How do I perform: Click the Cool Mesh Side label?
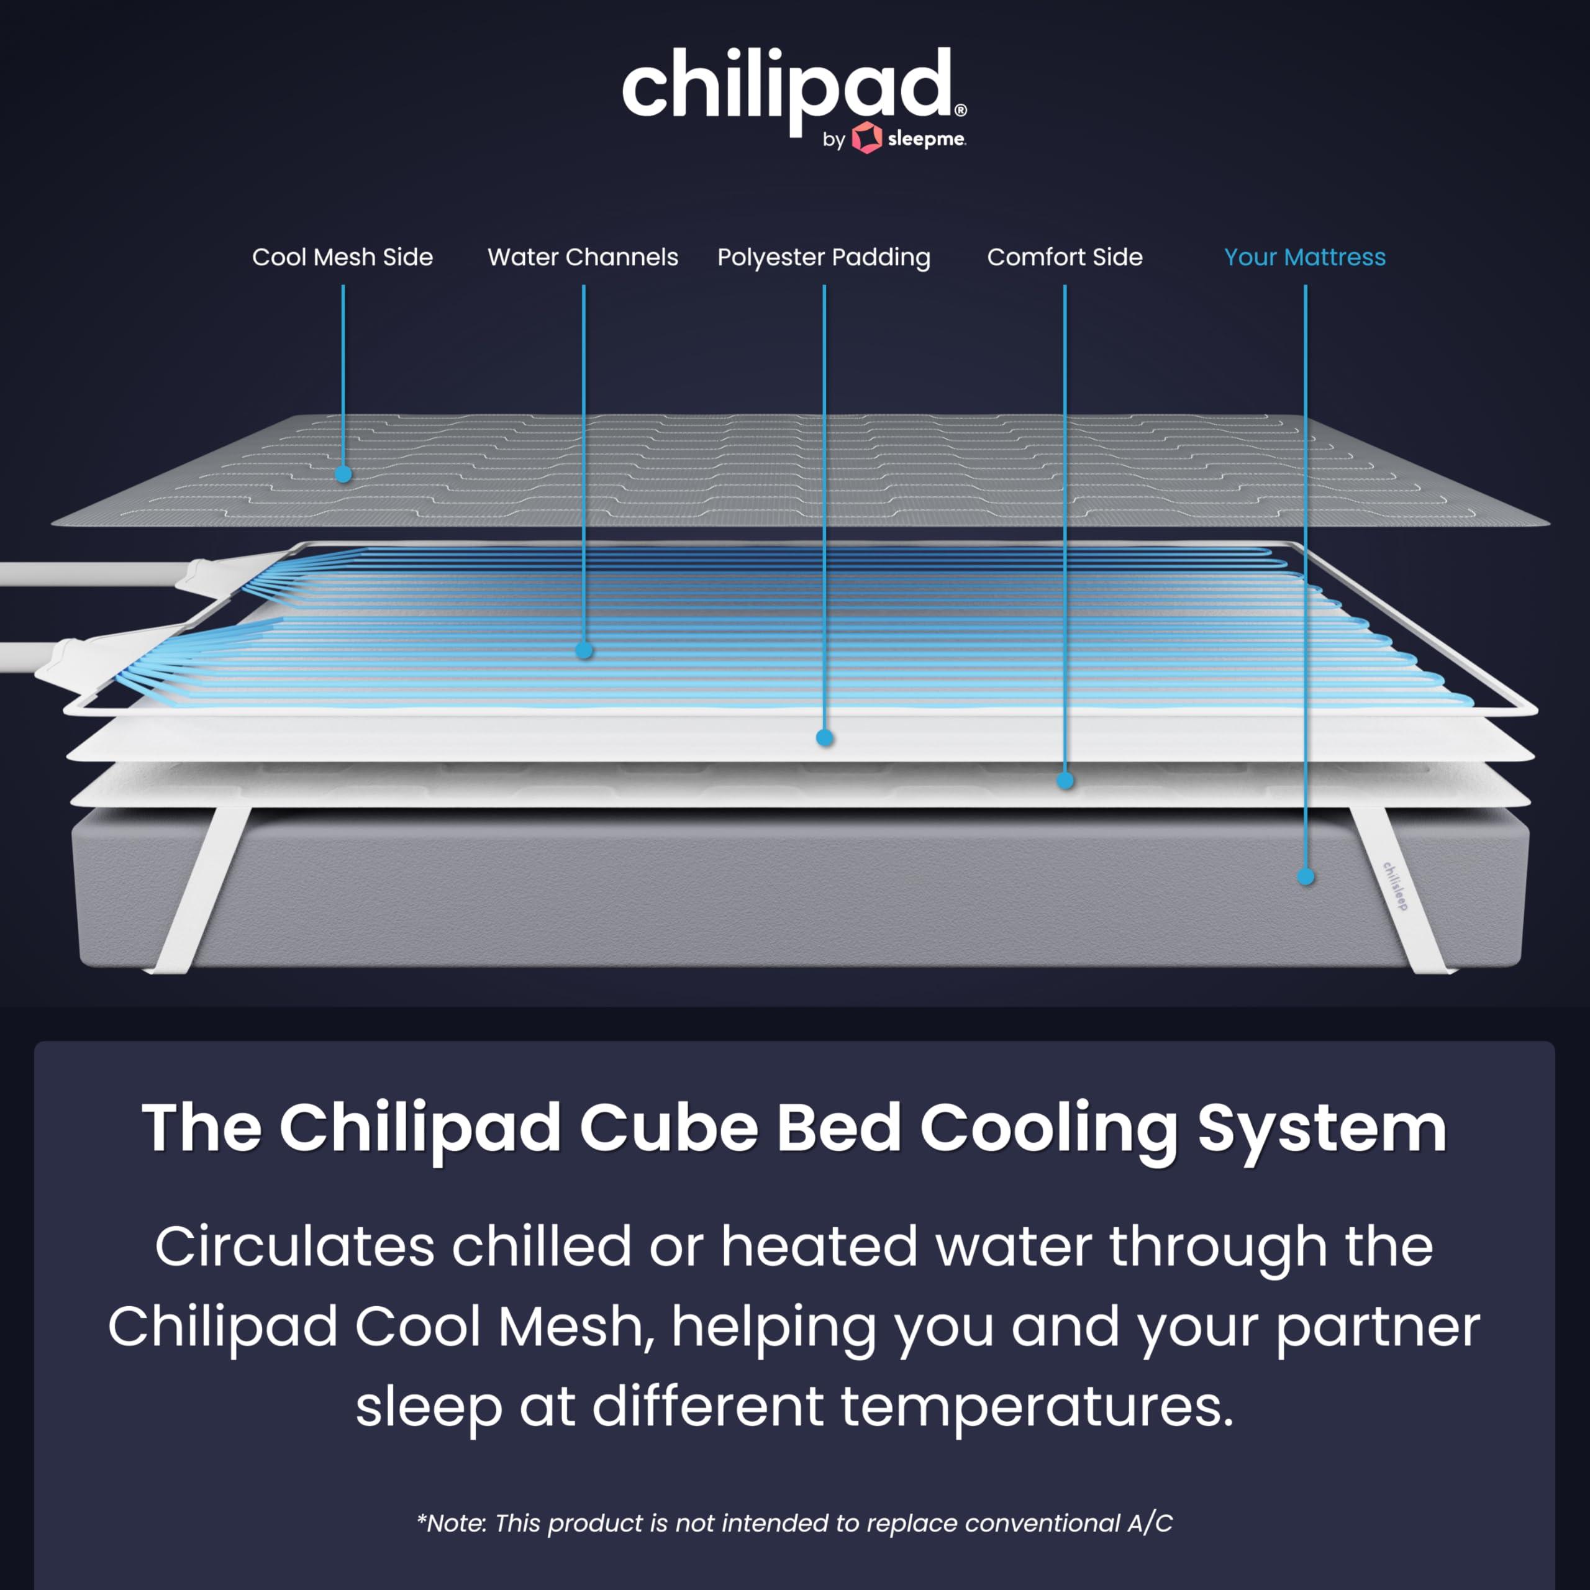coord(342,258)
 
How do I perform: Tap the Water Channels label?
coord(583,258)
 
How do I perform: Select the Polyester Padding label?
coord(824,258)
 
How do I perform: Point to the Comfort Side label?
coord(1064,258)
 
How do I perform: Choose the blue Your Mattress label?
coord(1304,258)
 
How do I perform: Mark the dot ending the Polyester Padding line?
coord(825,738)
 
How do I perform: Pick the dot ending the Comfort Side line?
coord(1066,780)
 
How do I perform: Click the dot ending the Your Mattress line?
coord(1306,878)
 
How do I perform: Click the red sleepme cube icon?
coord(866,139)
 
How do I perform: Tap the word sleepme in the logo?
coord(926,139)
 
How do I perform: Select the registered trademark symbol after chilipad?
coord(960,109)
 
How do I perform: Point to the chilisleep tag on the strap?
coord(1395,886)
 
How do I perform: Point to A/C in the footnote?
coord(1150,1524)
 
